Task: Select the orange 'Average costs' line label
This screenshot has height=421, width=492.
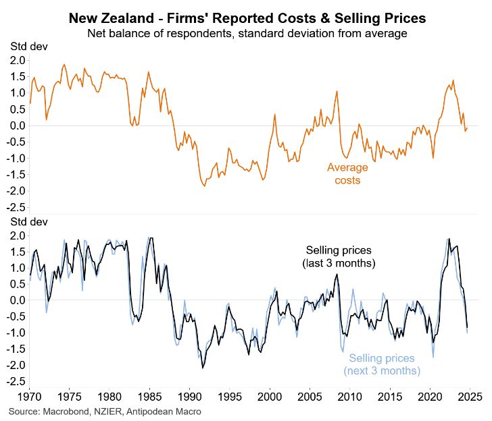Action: click(347, 174)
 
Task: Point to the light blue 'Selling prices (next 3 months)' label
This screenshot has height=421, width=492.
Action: click(382, 364)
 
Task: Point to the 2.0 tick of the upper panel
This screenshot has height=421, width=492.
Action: click(18, 61)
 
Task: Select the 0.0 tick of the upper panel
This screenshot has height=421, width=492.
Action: click(18, 125)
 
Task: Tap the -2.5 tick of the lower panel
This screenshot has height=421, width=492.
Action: click(16, 381)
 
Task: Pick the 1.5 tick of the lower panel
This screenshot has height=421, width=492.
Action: click(18, 252)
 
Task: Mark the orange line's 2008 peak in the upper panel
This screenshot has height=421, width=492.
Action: click(337, 91)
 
